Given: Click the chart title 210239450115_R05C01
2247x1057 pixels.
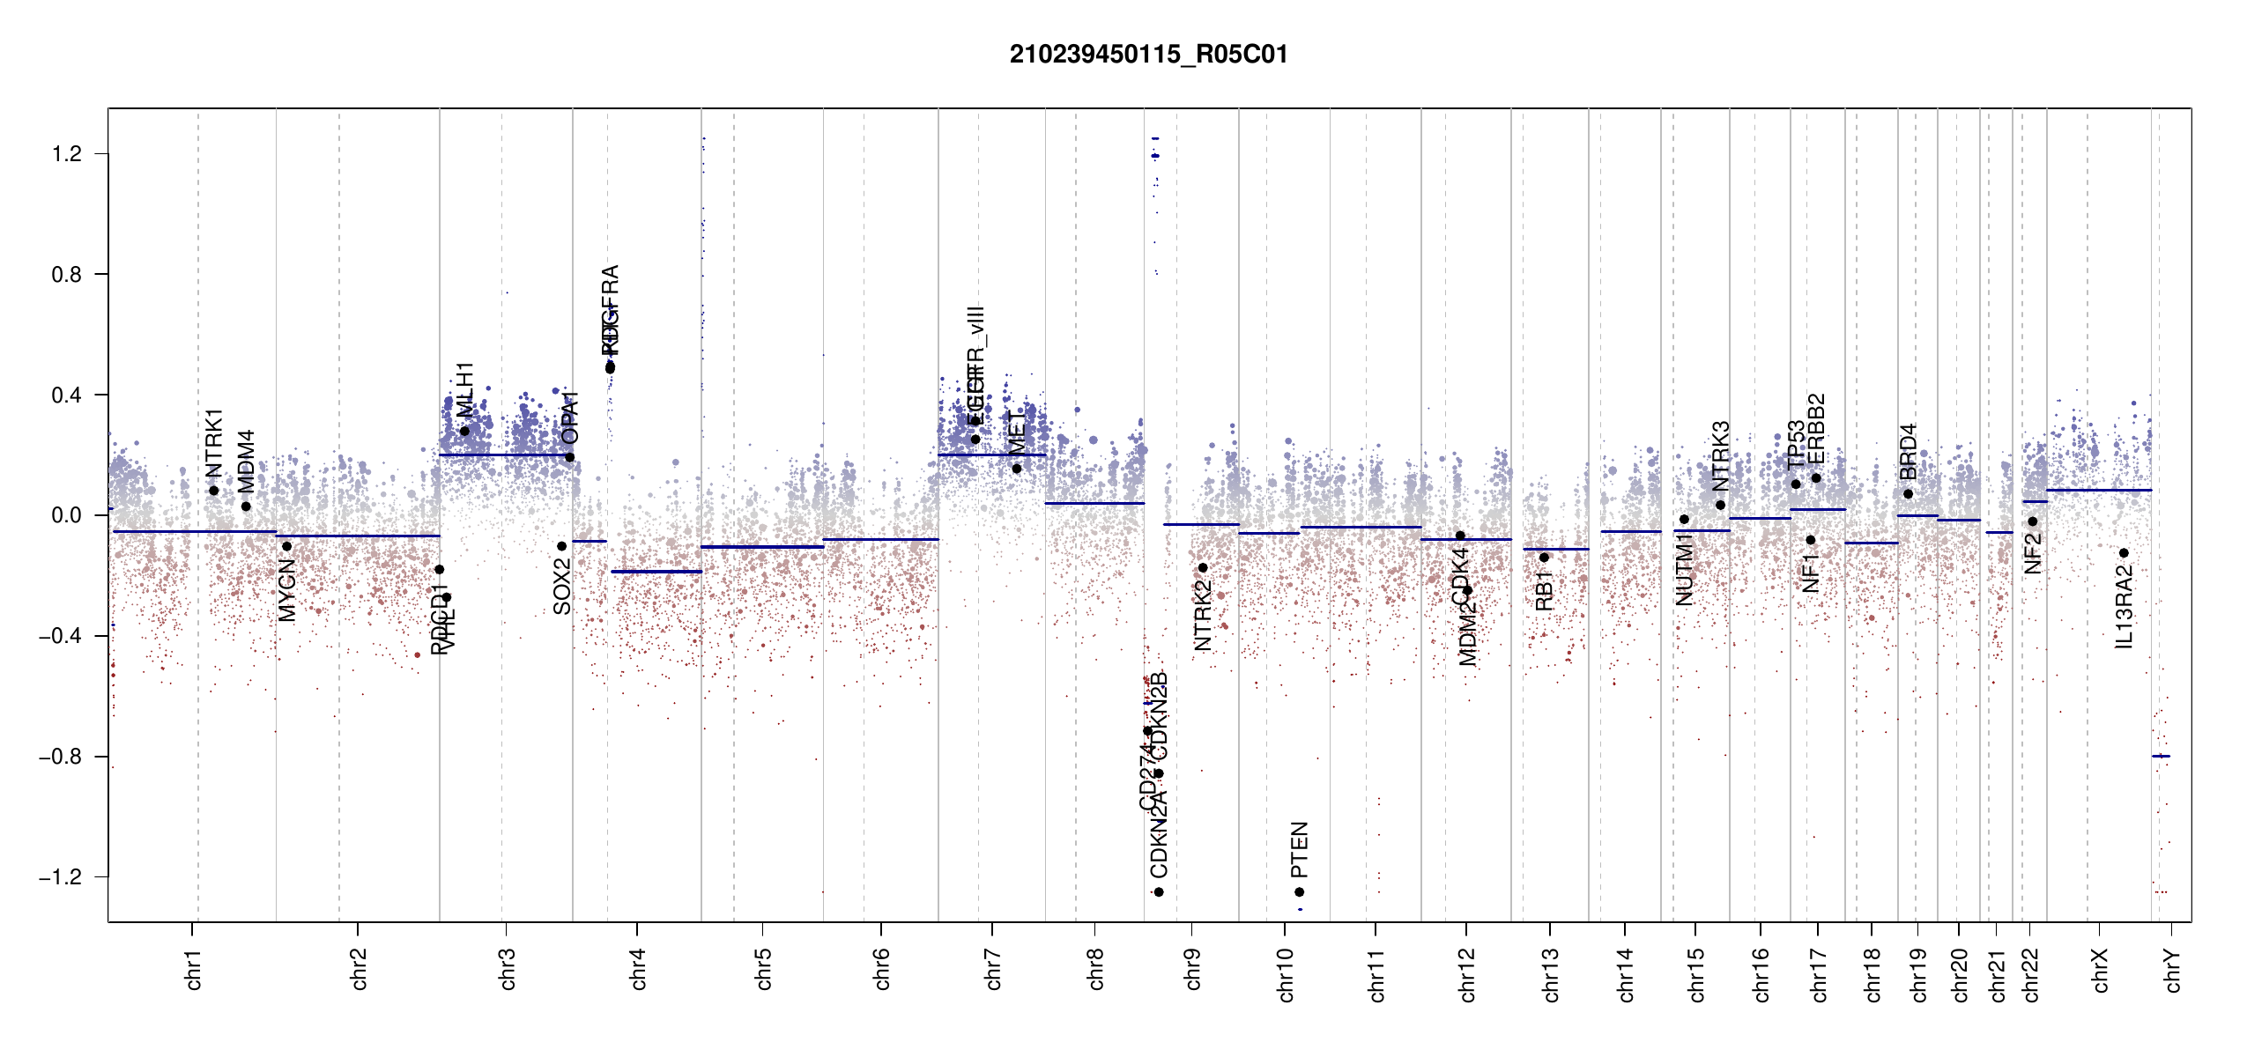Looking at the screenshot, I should (x=1148, y=55).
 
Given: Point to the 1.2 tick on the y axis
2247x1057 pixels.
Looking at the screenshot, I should (x=66, y=154).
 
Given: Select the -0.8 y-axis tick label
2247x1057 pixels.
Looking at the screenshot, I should (x=60, y=757).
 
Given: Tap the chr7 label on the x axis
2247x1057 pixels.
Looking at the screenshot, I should (x=993, y=969).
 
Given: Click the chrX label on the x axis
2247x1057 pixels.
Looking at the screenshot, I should (x=2100, y=970).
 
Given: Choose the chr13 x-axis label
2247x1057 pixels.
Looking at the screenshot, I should (x=1550, y=974).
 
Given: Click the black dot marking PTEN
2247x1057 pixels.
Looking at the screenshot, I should (x=1299, y=892).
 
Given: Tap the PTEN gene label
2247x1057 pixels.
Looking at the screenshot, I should (x=1299, y=850).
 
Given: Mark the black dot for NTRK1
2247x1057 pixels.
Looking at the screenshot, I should (x=214, y=491).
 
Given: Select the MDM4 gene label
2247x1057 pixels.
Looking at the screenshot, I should (x=246, y=462).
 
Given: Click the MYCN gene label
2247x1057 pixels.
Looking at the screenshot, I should (x=287, y=590).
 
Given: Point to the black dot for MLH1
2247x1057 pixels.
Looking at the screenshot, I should (x=464, y=431).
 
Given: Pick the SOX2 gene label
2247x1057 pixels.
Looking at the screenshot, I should (x=562, y=586).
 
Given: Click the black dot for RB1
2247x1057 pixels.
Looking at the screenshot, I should (x=1544, y=558).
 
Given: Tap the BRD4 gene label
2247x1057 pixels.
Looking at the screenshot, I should (x=1908, y=452).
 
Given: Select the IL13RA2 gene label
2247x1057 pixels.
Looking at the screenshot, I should (x=2124, y=607).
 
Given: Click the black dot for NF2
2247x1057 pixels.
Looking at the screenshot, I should (x=2033, y=521).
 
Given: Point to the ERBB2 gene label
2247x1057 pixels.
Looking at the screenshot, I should (x=1816, y=428).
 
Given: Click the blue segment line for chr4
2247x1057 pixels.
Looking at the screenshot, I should (x=656, y=572).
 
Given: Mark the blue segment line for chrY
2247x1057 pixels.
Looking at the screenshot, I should (x=2161, y=756).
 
